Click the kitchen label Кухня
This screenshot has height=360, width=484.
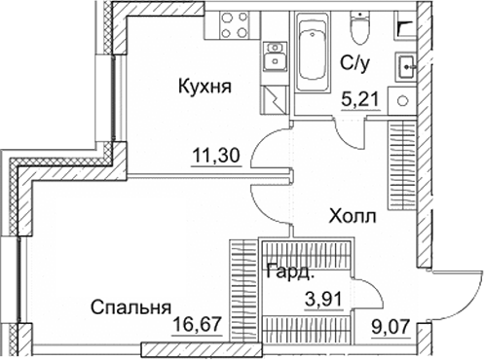click(x=204, y=87)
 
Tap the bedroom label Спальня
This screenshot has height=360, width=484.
click(x=125, y=308)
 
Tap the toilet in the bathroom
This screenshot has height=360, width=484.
click(x=361, y=30)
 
